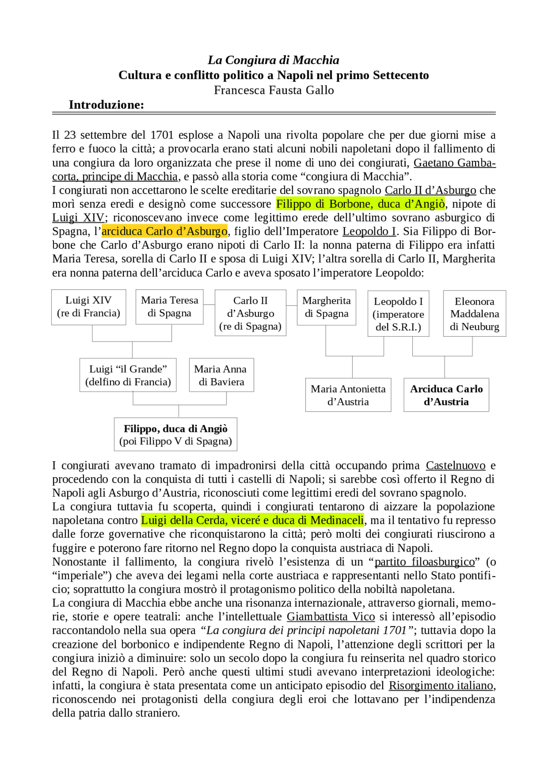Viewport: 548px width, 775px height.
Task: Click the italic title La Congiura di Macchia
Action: (x=273, y=60)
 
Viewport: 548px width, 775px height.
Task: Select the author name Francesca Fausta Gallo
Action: (x=274, y=90)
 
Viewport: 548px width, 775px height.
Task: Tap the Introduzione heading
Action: (x=106, y=105)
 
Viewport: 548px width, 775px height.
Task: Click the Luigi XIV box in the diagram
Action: (x=89, y=307)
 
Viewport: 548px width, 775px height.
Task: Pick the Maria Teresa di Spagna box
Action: (x=170, y=307)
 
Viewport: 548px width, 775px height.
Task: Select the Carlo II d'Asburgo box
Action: (x=250, y=313)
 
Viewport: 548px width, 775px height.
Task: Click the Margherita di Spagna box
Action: (x=326, y=307)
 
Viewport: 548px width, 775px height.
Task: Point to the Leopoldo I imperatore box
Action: (x=398, y=314)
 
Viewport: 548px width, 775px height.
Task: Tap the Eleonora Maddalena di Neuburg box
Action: (x=474, y=314)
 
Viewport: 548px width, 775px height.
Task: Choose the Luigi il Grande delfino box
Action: (x=128, y=375)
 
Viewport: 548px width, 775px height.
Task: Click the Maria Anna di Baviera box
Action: (x=221, y=375)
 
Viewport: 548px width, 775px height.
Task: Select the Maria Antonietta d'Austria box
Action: (x=348, y=395)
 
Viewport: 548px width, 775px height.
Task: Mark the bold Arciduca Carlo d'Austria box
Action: (x=446, y=395)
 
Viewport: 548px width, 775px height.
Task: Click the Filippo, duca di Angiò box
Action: (x=176, y=435)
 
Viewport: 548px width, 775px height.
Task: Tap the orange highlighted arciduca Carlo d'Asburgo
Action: (x=164, y=232)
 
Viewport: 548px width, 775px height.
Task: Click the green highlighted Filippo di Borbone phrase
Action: (x=360, y=204)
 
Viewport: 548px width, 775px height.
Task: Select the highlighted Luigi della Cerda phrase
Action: (x=252, y=520)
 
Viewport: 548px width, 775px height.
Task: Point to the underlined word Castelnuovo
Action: (x=456, y=466)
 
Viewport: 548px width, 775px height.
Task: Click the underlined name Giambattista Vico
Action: (x=331, y=617)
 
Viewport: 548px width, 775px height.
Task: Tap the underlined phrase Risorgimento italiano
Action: (x=441, y=686)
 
